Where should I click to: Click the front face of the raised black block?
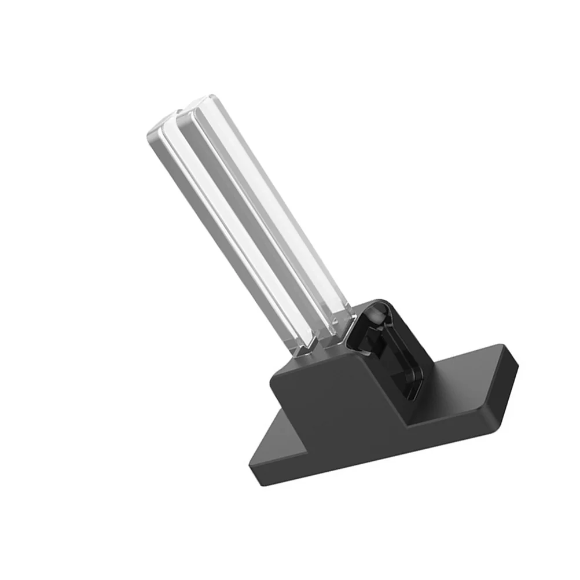click(342, 405)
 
